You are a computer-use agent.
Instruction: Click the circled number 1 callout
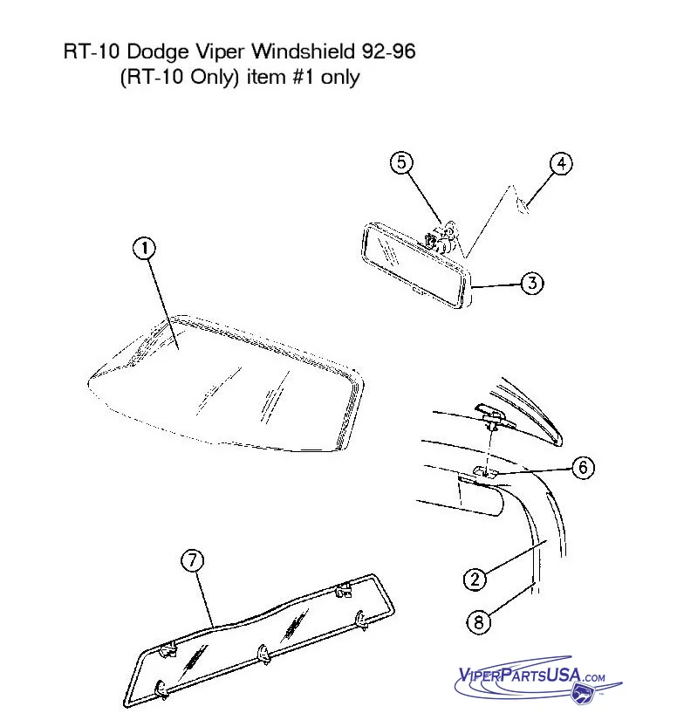144,248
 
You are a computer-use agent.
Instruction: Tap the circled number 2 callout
475,580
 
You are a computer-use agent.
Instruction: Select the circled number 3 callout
532,283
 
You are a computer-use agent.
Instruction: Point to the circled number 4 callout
561,164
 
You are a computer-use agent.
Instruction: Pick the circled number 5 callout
401,162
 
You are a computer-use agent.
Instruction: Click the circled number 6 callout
584,468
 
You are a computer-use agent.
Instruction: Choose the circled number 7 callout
192,560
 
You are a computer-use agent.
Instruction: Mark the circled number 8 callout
478,621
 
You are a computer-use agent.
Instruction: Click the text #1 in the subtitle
304,77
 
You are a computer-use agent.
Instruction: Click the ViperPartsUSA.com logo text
531,676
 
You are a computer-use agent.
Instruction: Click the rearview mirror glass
414,265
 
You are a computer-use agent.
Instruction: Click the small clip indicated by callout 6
485,471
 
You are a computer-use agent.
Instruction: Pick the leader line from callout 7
204,600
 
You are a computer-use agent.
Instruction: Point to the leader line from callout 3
496,285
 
